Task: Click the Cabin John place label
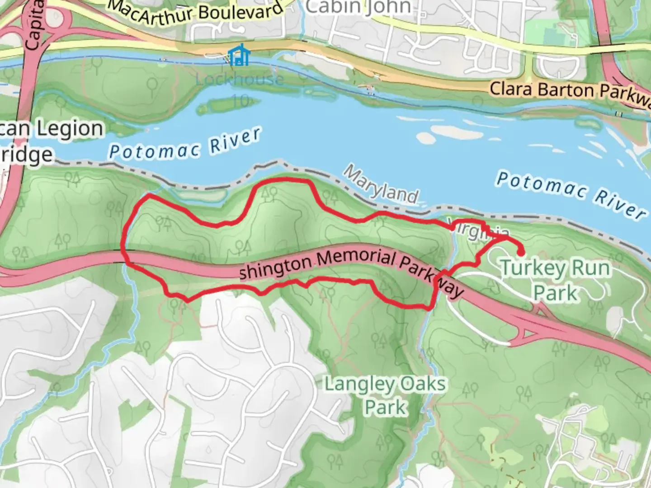359,7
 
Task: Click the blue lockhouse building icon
236,56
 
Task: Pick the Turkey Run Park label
556,280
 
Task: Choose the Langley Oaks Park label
386,395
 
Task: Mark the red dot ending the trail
521,253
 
